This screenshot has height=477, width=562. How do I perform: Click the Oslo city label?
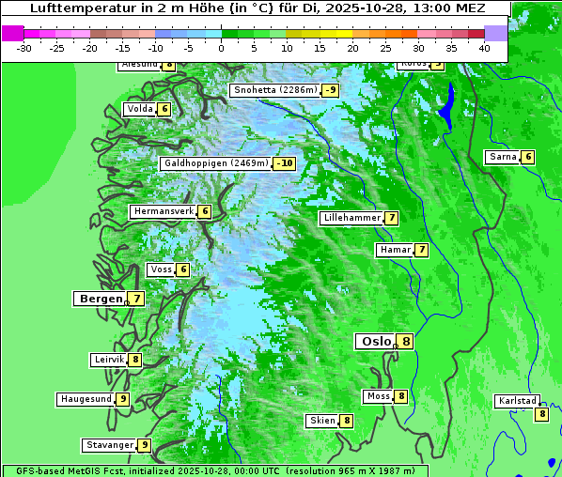[x=376, y=342]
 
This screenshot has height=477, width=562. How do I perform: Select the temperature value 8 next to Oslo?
[x=405, y=342]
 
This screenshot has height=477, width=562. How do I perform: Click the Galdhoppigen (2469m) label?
[x=216, y=163]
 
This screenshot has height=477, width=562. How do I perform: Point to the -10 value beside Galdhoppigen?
[x=285, y=163]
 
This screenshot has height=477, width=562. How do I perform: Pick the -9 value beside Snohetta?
[x=330, y=90]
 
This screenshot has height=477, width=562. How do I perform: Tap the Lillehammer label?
[x=351, y=218]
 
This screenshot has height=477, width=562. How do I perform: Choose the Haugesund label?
[x=86, y=399]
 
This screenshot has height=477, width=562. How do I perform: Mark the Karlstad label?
[x=517, y=401]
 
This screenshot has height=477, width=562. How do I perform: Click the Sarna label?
[x=503, y=157]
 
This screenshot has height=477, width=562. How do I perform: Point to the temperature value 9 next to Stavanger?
[x=145, y=445]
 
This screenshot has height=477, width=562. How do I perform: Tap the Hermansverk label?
[x=163, y=211]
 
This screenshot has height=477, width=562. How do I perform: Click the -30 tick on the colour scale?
[x=24, y=47]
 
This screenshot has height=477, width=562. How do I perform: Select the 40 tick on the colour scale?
[x=484, y=47]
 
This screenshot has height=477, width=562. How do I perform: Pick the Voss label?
[x=160, y=269]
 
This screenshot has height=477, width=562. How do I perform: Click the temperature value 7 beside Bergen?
[x=137, y=299]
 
